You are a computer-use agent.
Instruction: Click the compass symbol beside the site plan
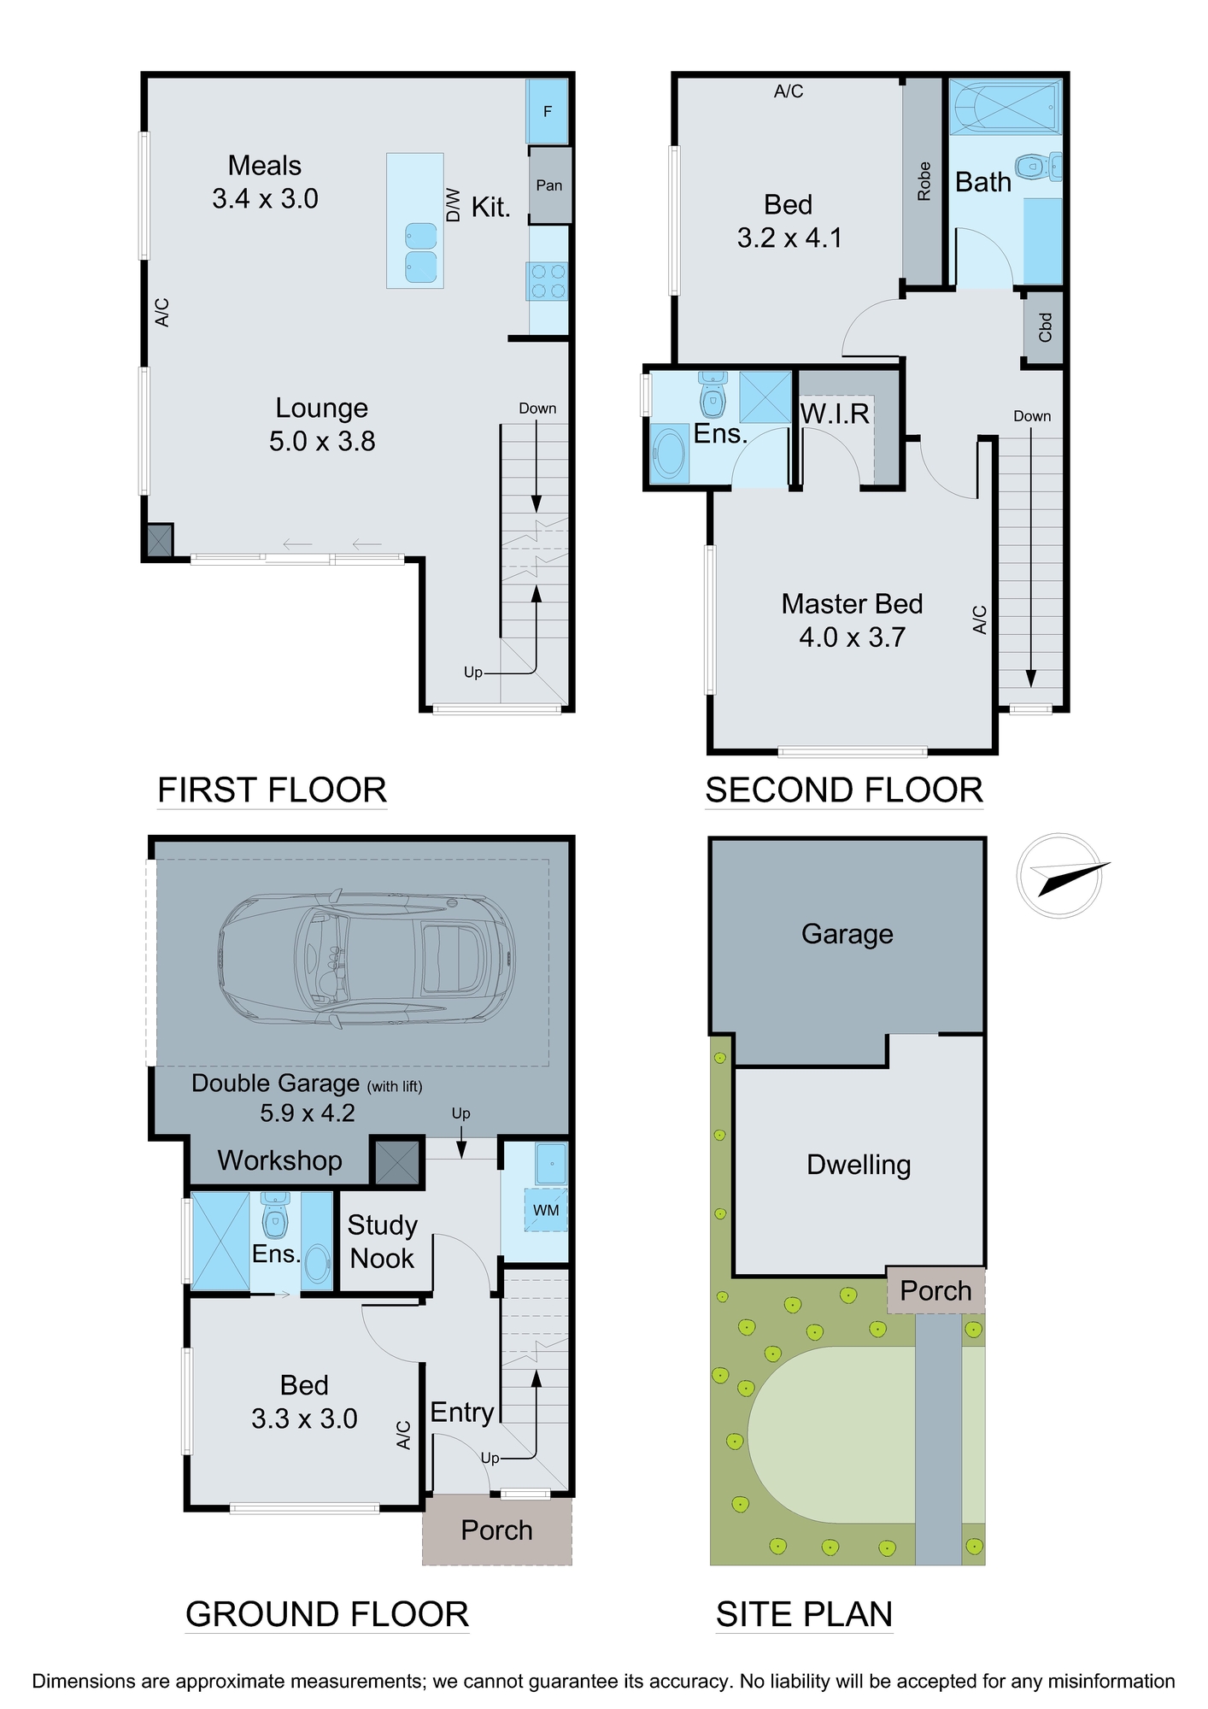pyautogui.click(x=1059, y=876)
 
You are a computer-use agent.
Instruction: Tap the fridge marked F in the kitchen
pyautogui.click(x=548, y=111)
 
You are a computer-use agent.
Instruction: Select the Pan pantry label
pyautogui.click(x=549, y=185)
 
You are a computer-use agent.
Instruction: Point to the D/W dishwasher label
pyautogui.click(x=454, y=205)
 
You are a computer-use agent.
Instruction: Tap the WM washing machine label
pyautogui.click(x=546, y=1210)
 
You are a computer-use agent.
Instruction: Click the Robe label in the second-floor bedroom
pyautogui.click(x=924, y=181)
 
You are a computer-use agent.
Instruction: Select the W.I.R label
pyautogui.click(x=835, y=414)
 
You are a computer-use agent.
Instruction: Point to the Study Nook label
pyautogui.click(x=382, y=1242)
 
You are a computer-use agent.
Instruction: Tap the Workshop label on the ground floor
pyautogui.click(x=279, y=1160)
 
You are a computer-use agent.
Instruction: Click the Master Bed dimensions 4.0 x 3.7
pyautogui.click(x=852, y=637)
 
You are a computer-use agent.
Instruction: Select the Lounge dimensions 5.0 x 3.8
pyautogui.click(x=322, y=441)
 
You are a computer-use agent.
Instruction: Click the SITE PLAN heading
pyautogui.click(x=804, y=1614)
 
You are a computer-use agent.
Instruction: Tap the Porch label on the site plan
pyautogui.click(x=935, y=1290)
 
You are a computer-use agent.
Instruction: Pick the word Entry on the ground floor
pyautogui.click(x=462, y=1412)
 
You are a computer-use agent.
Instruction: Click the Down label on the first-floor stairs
pyautogui.click(x=537, y=408)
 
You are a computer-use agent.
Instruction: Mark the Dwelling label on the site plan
pyautogui.click(x=859, y=1166)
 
